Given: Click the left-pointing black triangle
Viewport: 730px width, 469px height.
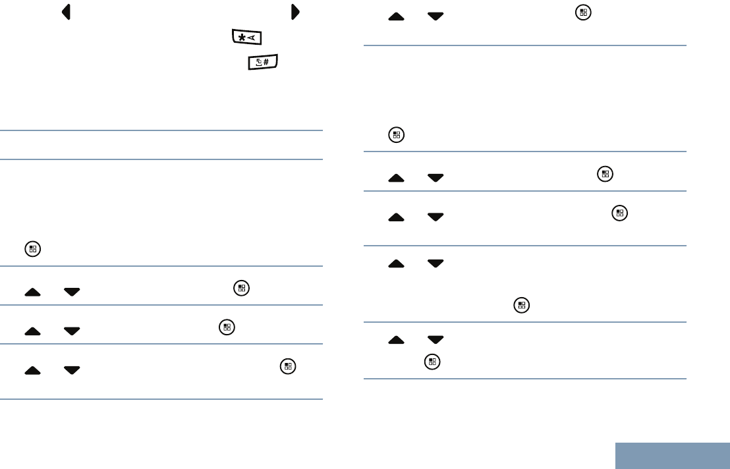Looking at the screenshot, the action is (x=67, y=13).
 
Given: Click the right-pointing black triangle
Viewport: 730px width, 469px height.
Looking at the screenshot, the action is (x=295, y=13).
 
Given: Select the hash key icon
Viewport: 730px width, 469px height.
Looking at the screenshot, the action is (x=263, y=64).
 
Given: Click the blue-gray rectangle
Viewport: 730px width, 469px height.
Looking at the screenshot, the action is (x=673, y=455).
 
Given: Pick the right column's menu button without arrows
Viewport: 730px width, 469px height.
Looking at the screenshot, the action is (x=396, y=136).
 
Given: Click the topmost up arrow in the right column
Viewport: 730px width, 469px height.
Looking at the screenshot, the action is (x=397, y=16).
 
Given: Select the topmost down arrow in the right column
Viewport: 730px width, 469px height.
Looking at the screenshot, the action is (x=435, y=16).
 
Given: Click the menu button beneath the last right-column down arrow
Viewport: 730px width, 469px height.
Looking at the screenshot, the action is (x=432, y=361).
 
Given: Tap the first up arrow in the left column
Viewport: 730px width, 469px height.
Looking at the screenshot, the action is (x=32, y=292).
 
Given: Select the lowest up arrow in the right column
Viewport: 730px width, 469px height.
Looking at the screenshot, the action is (x=397, y=341).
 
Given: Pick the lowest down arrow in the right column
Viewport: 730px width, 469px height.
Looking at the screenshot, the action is (x=435, y=341).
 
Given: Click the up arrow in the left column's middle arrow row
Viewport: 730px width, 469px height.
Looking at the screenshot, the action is (x=32, y=331).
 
